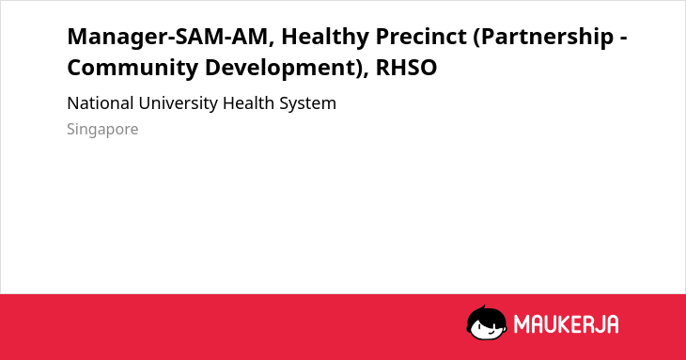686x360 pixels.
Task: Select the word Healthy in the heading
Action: pos(325,38)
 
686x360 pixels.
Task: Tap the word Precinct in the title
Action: pos(421,37)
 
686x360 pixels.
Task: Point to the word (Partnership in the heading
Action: pos(543,38)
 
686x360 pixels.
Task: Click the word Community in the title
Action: pos(133,69)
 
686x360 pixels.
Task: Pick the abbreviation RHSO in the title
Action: pos(406,68)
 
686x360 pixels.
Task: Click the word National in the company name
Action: pos(101,103)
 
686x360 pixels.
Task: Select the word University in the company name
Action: pos(178,104)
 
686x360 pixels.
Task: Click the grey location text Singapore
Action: pos(102,130)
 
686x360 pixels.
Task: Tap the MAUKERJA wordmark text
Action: pos(566,324)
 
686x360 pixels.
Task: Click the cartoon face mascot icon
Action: pos(487,323)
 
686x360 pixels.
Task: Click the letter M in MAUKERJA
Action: pos(521,324)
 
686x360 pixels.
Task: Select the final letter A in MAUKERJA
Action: pos(612,324)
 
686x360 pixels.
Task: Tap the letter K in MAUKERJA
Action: pos(563,324)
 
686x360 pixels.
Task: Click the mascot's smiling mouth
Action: pos(490,333)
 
